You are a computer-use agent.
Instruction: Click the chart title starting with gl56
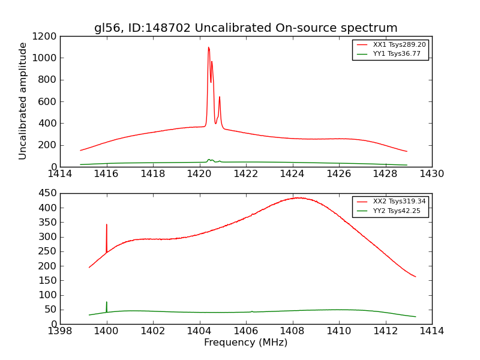click(245, 28)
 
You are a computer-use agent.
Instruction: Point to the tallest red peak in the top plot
click(208, 48)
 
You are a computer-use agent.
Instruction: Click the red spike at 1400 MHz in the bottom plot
click(107, 226)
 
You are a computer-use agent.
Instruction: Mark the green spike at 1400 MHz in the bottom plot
click(107, 303)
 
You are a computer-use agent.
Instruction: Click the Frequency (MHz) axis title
click(245, 343)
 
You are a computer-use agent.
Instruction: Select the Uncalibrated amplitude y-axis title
click(23, 101)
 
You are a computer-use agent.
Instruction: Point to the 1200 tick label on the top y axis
click(45, 36)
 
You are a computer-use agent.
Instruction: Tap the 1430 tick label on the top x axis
click(431, 173)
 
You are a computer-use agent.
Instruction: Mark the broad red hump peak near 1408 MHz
click(297, 197)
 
